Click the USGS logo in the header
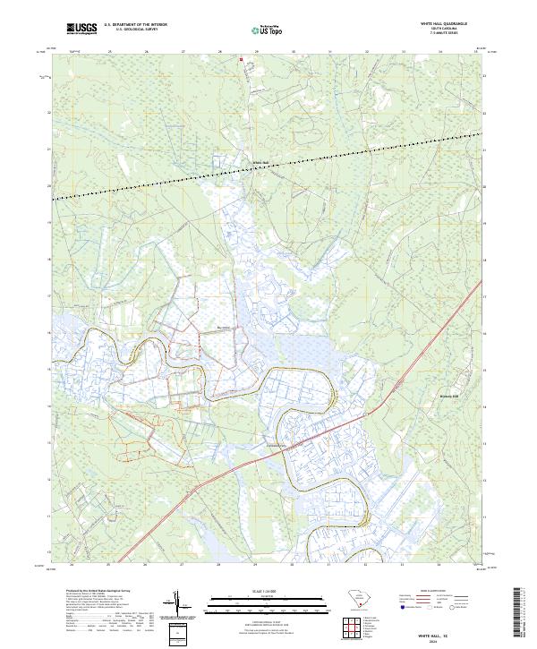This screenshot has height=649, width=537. click(81, 29)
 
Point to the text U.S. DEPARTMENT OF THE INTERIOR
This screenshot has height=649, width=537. click(135, 25)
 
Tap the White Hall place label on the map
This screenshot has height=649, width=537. click(260, 162)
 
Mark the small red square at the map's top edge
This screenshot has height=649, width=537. click(241, 60)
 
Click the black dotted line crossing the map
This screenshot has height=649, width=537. click(268, 166)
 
